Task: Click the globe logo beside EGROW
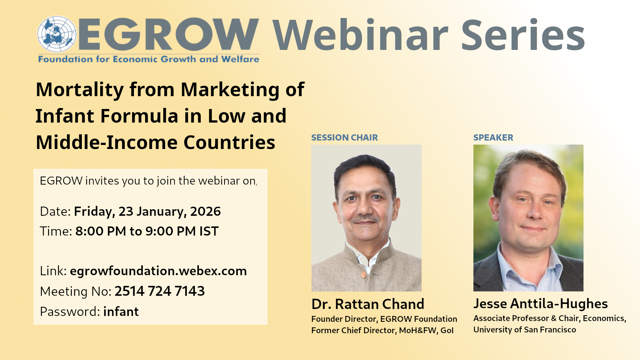point(57,34)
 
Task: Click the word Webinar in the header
point(360,35)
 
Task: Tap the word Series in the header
point(523,35)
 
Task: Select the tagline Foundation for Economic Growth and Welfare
point(149,59)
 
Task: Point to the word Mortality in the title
point(80,90)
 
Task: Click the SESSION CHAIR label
point(344,138)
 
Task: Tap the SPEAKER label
point(493,138)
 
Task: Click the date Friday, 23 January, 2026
point(148,212)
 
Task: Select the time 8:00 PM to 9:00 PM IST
point(147,231)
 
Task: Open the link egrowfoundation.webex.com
point(158,271)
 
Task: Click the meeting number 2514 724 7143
point(160,291)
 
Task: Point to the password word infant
point(121,312)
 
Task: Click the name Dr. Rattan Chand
point(368,304)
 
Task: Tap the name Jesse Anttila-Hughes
point(541,304)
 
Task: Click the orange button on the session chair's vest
point(363,274)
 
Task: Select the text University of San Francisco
point(525,330)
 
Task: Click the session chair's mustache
point(365,219)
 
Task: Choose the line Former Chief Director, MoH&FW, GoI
point(382,330)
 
